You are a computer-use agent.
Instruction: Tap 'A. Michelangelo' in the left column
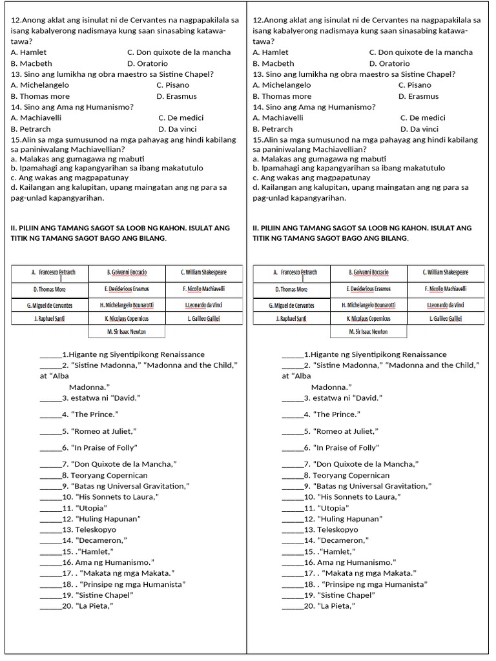pos(38,85)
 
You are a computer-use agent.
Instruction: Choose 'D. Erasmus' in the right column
pos(418,96)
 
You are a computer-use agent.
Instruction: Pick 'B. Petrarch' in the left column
pos(30,129)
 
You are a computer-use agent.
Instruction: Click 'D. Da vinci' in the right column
pos(419,129)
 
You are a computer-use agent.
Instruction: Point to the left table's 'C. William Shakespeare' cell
pos(204,273)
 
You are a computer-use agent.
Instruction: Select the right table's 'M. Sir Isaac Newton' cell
pos(368,332)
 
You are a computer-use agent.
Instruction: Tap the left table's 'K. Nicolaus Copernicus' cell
pos(127,319)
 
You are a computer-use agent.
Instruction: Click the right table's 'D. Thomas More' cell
pos(291,290)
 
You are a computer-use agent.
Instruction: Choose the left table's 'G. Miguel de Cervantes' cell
pos(50,305)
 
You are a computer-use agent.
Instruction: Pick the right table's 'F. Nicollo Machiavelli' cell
pos(446,289)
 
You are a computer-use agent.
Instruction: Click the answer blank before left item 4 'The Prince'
pos(50,415)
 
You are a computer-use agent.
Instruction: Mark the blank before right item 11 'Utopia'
pos(293,509)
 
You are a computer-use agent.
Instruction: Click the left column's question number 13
pos(15,74)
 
